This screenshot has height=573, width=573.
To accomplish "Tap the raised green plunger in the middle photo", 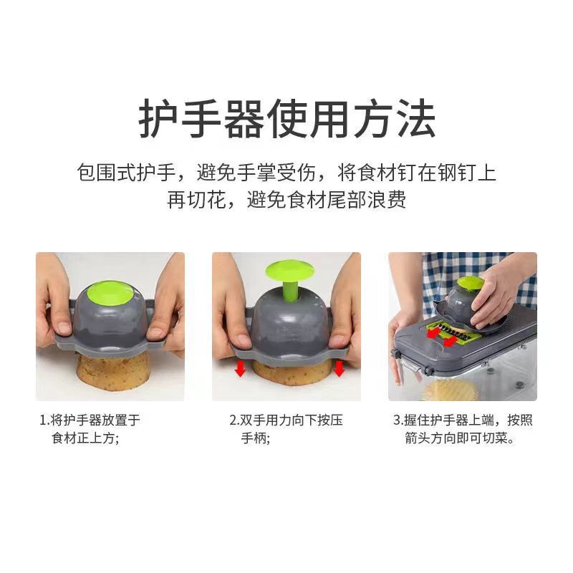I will tap(289, 273).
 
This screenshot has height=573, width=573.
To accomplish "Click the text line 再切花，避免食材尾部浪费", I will tap(286, 200).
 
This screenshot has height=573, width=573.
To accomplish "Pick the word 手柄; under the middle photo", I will tap(256, 438).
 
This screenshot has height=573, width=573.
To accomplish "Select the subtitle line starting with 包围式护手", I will tap(286, 173).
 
